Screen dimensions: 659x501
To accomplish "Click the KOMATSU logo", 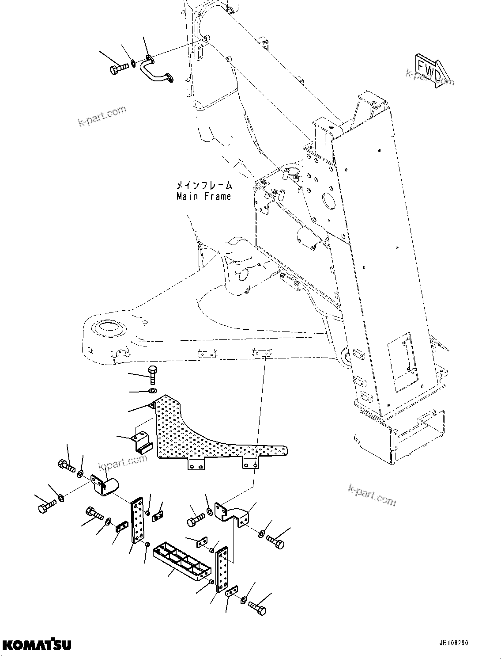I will pyautogui.click(x=36, y=645).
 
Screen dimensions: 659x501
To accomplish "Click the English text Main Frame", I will pyautogui.click(x=203, y=196).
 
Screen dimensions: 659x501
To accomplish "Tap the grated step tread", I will pyautogui.click(x=181, y=558).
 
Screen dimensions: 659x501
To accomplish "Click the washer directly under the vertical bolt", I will pyautogui.click(x=153, y=391).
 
